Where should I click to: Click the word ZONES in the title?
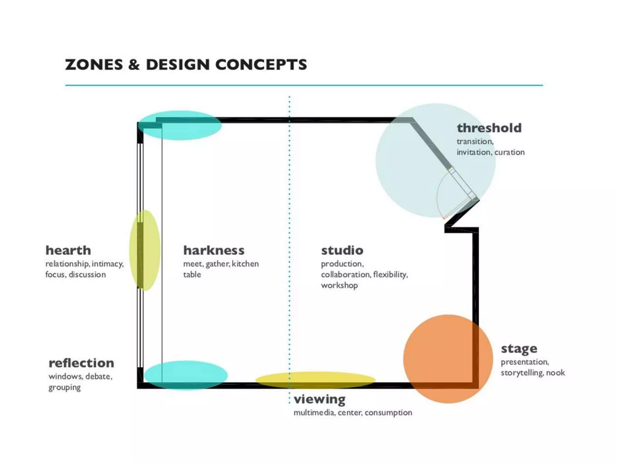[94, 65]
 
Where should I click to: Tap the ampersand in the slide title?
[134, 65]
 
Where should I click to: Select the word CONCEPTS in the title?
[261, 65]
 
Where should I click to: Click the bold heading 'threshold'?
[489, 128]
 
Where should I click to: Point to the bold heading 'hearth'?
[68, 250]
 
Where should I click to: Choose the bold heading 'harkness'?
[214, 250]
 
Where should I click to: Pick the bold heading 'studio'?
[342, 250]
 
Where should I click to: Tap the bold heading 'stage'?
[519, 349]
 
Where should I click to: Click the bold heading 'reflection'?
[81, 363]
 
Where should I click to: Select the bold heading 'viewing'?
[319, 399]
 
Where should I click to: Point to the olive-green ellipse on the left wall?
[145, 250]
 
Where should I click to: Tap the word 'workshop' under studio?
[339, 285]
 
